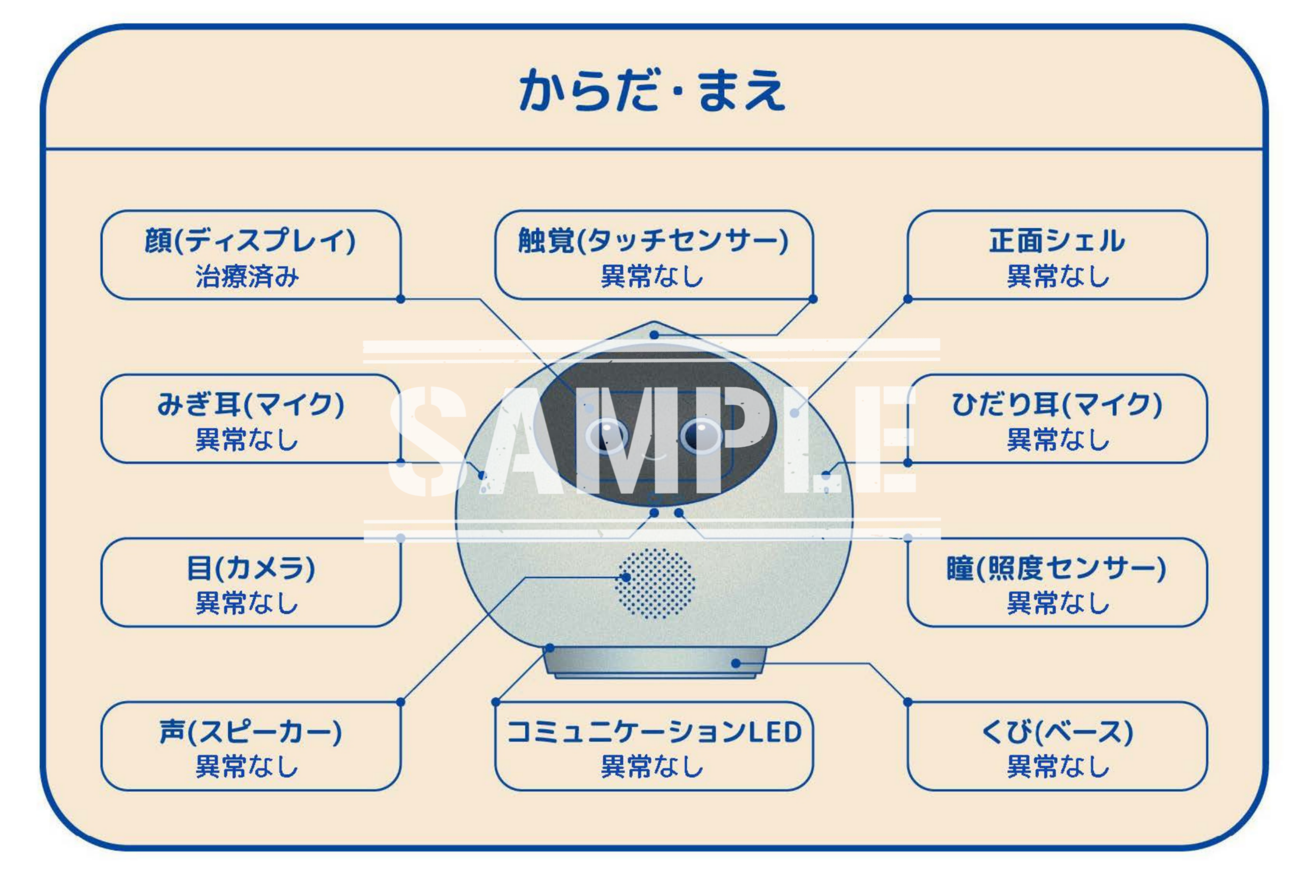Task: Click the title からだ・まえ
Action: [652, 90]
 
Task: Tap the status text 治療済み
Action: [247, 276]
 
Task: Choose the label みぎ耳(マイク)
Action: [250, 405]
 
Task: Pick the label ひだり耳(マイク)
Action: [1057, 405]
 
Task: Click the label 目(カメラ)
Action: [250, 568]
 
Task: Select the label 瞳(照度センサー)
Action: [1057, 568]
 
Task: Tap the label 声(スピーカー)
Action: [250, 732]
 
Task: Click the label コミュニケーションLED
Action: [653, 732]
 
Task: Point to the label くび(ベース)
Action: [1057, 732]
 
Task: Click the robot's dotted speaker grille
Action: [655, 584]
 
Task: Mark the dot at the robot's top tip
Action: [654, 335]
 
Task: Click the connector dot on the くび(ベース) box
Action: [908, 702]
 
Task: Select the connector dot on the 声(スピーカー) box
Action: [400, 702]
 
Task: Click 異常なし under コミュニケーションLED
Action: [653, 767]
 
